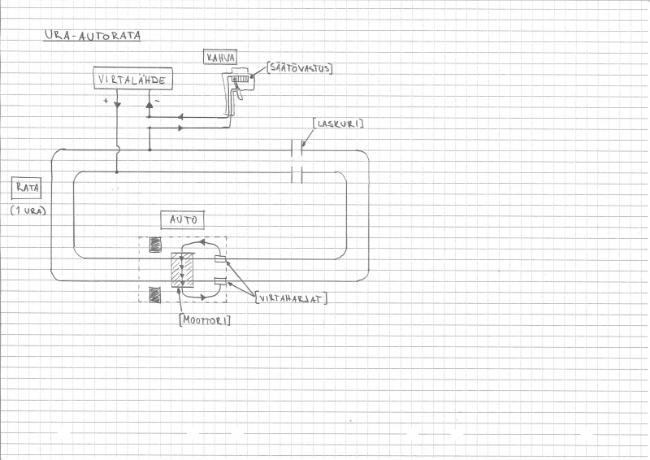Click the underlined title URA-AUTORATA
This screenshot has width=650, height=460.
tap(93, 36)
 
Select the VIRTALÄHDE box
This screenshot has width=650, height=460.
tap(133, 78)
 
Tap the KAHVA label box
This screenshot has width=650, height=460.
tap(220, 57)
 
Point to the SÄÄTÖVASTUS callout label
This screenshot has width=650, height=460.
tap(300, 67)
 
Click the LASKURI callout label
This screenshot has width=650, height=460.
tap(338, 124)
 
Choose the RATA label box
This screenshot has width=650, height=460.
tap(27, 188)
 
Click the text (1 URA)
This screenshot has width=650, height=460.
tap(28, 210)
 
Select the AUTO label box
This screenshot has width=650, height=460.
tap(182, 219)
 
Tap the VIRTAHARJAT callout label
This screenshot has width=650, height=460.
tap(292, 297)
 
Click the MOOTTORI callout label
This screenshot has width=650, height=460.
tap(206, 319)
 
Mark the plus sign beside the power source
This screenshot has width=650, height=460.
tap(106, 101)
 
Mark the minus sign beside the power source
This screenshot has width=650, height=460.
tap(158, 101)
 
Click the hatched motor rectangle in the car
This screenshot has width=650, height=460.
tap(182, 270)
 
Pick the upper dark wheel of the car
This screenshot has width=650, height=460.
tap(155, 245)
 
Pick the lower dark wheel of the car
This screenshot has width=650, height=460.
tap(155, 295)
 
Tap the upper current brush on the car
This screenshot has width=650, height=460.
tap(220, 259)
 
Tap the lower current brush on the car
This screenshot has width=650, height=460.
tap(220, 282)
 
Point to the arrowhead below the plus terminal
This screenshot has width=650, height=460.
tap(117, 105)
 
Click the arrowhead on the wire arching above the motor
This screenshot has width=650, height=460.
tap(202, 241)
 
